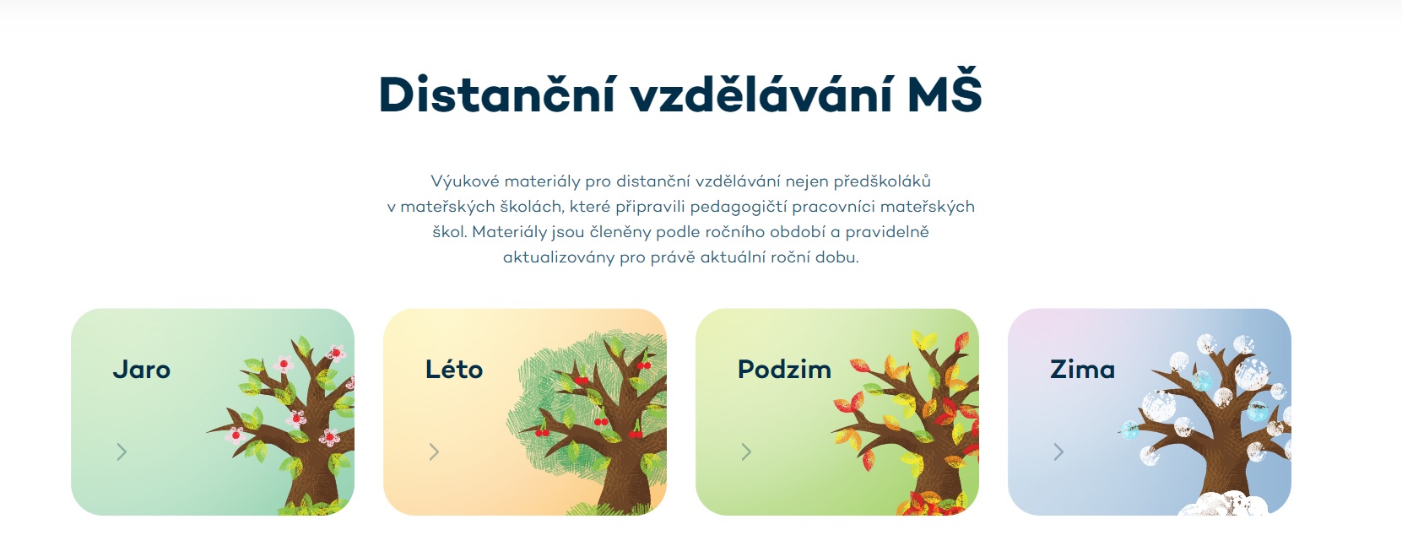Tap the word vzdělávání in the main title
[761, 94]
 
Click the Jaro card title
[142, 370]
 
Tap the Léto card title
[454, 369]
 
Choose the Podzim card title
[784, 369]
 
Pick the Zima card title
[1082, 369]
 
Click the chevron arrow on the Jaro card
[122, 451]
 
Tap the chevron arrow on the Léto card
[435, 451]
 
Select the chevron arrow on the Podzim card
[747, 451]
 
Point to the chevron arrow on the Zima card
[1059, 451]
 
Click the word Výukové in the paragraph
[465, 181]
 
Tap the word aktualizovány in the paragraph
[558, 257]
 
